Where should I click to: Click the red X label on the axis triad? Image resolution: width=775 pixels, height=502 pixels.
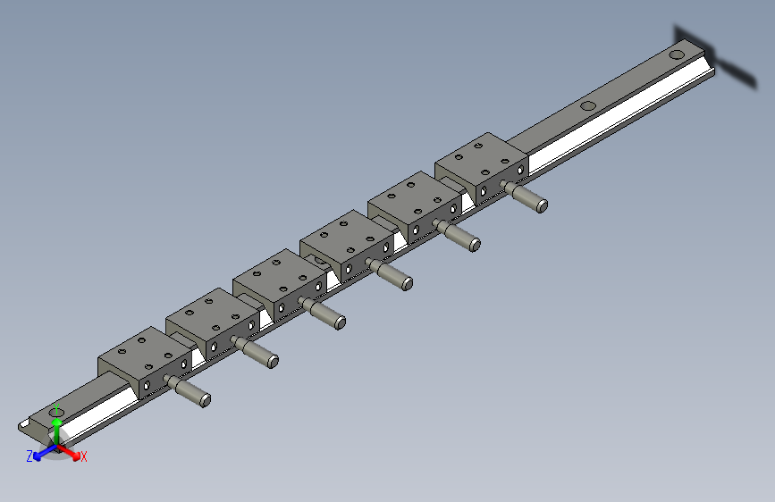[x=84, y=456]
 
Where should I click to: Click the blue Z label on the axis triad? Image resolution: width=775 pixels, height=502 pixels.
[x=29, y=456]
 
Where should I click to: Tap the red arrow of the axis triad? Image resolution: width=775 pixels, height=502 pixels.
[x=70, y=450]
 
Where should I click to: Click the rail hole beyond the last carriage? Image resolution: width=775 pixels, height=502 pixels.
[x=587, y=106]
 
